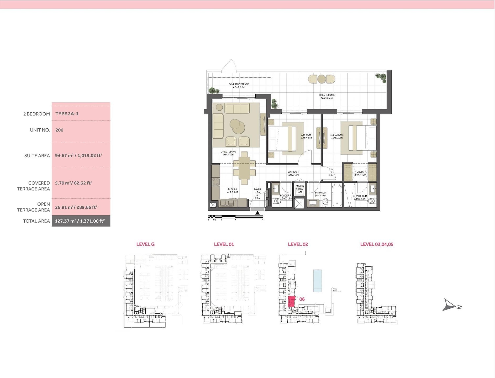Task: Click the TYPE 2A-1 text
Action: (67, 114)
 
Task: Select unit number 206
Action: (59, 130)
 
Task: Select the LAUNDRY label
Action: (299, 186)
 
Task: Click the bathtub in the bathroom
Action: (337, 196)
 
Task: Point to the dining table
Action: (244, 168)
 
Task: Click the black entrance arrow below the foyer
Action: (258, 213)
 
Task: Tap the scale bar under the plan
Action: (235, 217)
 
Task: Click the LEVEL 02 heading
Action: (298, 244)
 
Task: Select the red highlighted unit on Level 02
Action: (291, 302)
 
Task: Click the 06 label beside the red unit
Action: (302, 299)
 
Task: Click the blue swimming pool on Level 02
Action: (317, 280)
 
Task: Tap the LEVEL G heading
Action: (145, 244)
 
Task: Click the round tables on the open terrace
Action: (322, 79)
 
